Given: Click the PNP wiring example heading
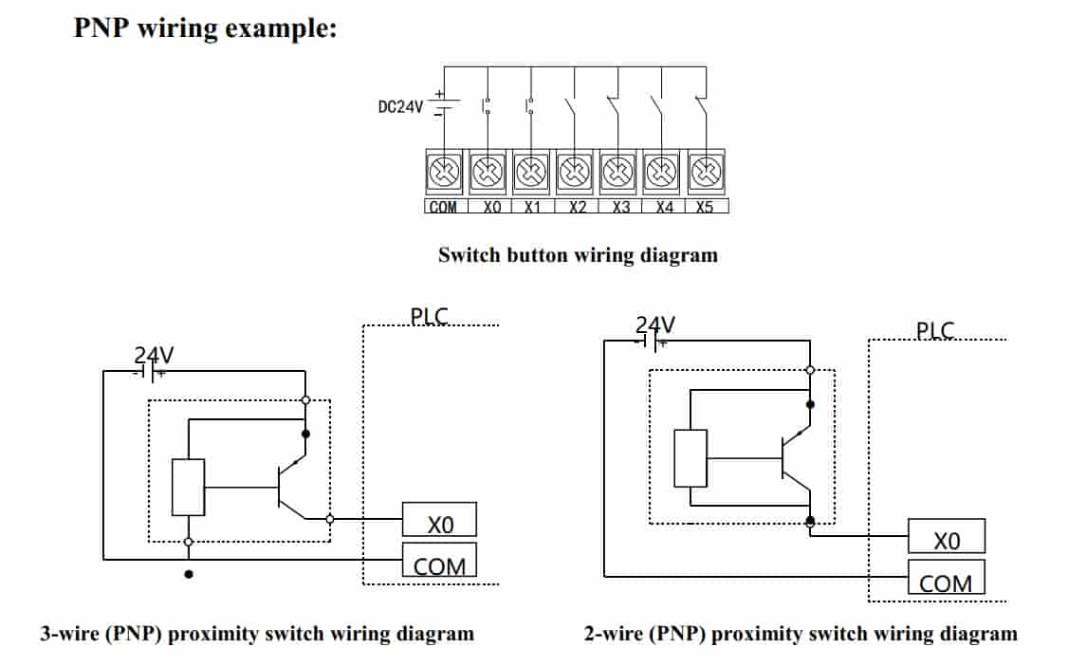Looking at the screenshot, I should point(205,28).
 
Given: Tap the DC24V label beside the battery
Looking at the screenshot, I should point(400,107).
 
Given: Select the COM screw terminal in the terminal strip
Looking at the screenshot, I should point(444,174).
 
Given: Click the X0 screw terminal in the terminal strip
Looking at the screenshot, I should point(488,174).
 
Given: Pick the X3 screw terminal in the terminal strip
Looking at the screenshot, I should point(617,174).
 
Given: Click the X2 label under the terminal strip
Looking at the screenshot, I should point(578,207).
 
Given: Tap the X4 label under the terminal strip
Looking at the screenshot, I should point(663,207).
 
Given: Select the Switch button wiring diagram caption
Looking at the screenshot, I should point(578,254).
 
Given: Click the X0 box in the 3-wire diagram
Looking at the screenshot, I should point(439,522).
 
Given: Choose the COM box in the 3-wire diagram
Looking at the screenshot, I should point(439,564).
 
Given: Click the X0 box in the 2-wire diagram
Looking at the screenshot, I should point(946,538).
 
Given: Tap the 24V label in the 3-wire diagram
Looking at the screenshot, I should point(154,356).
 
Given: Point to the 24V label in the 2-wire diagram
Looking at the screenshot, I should point(655,325).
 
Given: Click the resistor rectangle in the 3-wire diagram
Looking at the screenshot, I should point(189,488).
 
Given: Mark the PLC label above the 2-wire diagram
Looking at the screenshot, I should point(935,330).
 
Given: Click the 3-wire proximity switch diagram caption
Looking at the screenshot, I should point(257,633).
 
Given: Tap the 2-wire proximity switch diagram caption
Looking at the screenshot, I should point(801,633).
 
